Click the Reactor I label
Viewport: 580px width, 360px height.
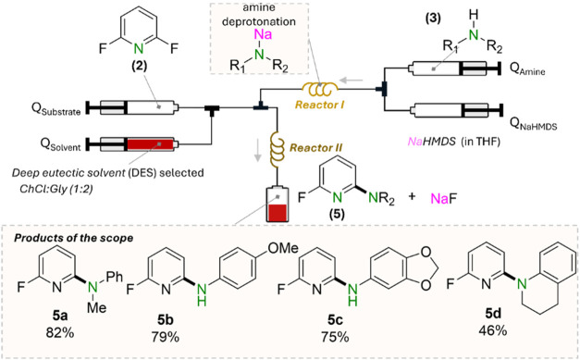tap(319, 106)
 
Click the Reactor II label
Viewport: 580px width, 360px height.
tap(315, 148)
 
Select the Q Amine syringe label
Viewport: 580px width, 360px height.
tap(527, 70)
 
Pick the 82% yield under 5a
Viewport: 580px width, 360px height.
tap(60, 333)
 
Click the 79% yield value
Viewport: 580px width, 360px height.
tap(166, 337)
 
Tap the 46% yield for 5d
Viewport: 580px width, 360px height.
tap(492, 330)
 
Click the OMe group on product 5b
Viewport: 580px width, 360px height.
tap(283, 248)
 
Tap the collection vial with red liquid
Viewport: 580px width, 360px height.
tap(278, 203)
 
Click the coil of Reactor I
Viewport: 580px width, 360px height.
tap(320, 89)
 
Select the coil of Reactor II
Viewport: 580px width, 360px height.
tap(276, 149)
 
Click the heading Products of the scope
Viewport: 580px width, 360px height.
tap(73, 238)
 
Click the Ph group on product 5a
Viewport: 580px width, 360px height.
tap(114, 277)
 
